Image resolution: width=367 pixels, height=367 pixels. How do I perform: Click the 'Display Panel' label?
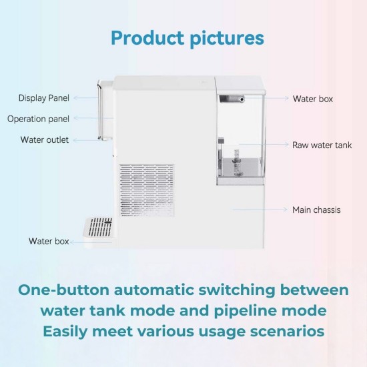point(43,98)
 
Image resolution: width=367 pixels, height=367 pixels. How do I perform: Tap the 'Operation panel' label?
point(39,119)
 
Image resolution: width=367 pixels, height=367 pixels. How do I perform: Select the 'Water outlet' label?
point(44,140)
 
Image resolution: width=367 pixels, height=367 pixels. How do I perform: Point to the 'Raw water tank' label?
point(322,145)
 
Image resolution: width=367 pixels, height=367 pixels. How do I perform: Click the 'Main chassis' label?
point(316,210)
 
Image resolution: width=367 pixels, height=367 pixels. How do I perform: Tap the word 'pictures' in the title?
point(222,37)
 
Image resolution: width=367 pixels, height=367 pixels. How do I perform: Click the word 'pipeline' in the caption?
point(229,311)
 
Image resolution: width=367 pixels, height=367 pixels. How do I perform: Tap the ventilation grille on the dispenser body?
point(146,190)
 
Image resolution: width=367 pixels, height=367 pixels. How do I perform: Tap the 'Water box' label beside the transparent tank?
point(313,99)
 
